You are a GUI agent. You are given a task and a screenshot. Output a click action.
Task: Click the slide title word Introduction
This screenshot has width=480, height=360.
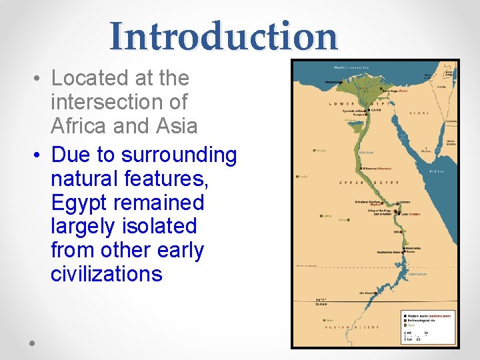click(224, 36)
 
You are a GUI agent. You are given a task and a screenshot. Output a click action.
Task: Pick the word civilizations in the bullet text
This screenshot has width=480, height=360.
click(106, 274)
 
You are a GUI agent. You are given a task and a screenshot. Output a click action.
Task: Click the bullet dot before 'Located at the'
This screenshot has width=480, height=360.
click(37, 79)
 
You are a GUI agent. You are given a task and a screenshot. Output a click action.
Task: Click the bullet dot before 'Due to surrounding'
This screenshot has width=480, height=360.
click(37, 155)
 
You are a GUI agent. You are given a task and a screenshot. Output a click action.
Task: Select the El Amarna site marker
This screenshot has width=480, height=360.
click(360, 169)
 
